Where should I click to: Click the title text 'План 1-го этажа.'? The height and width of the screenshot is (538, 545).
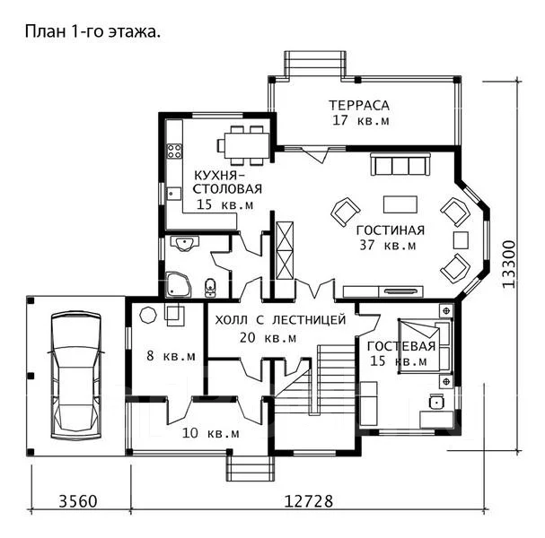point(92,31)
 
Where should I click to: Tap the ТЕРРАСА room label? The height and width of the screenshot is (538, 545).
point(359,105)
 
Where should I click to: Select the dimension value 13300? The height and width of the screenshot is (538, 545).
point(508,264)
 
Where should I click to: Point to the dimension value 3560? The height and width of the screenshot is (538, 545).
point(78,501)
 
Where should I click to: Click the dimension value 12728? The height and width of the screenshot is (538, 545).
point(309,501)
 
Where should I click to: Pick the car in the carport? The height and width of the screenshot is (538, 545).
point(76,376)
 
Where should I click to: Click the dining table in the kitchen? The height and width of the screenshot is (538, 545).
point(246,145)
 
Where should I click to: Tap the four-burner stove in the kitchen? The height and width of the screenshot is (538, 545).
point(174,151)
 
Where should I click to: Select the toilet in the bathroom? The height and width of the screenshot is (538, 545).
point(210,288)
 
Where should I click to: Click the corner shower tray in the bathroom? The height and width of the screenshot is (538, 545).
point(179,285)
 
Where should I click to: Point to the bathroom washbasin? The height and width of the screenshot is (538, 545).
point(185,243)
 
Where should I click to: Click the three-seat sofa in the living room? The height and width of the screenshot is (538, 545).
point(400,164)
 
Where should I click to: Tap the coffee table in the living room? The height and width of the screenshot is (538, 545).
point(400,204)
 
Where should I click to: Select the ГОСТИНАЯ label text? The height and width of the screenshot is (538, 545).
point(391,230)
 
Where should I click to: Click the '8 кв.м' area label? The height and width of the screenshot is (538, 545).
point(171,356)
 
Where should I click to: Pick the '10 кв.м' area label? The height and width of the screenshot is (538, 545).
point(211,433)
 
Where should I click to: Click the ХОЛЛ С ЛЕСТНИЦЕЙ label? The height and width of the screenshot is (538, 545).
point(280,320)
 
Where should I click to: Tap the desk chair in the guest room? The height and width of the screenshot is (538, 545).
point(436,401)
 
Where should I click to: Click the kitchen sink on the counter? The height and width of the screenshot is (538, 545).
point(174,194)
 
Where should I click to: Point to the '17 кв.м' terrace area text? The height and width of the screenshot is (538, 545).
point(361,120)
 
